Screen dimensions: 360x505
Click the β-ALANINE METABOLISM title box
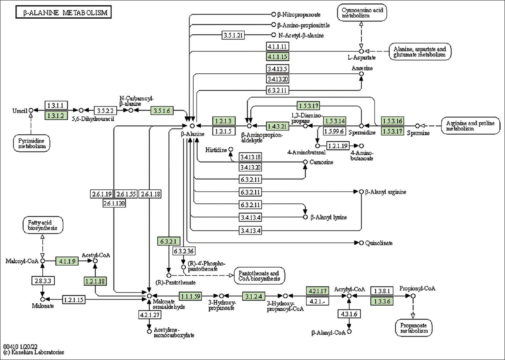pyautogui.click(x=63, y=13)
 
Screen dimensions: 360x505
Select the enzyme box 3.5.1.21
pyautogui.click(x=233, y=35)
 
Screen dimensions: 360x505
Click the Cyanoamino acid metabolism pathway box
pyautogui.click(x=362, y=13)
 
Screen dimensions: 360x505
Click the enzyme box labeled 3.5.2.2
pyautogui.click(x=105, y=111)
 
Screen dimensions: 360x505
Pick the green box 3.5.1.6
pyautogui.click(x=162, y=111)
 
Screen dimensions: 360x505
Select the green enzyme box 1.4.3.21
pyautogui.click(x=278, y=126)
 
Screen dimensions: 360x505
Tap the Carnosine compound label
pyautogui.click(x=321, y=162)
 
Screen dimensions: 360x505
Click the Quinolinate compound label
pyautogui.click(x=379, y=243)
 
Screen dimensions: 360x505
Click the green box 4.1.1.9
pyautogui.click(x=67, y=261)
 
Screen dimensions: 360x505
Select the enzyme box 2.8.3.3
pyautogui.click(x=42, y=280)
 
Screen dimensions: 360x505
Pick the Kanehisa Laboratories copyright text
pyautogui.click(x=34, y=352)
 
